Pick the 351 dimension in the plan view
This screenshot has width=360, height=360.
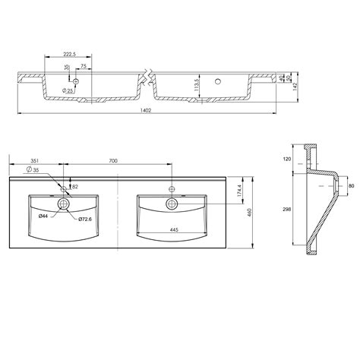[x=34, y=162]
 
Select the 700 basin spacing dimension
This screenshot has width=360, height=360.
[x=115, y=162]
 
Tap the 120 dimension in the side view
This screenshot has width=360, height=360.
[x=286, y=160]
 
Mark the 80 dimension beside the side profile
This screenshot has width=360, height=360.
[x=351, y=184]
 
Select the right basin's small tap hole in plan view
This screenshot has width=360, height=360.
[x=172, y=188]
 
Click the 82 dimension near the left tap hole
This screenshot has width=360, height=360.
[x=74, y=186]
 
